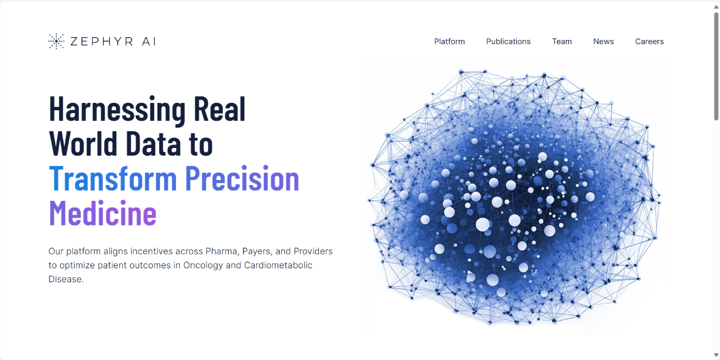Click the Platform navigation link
coord(449,42)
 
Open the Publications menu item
coord(508,42)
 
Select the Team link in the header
coord(562,42)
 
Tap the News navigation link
coord(604,42)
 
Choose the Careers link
coord(649,42)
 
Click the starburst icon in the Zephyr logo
coord(56,41)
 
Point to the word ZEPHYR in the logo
coord(102,42)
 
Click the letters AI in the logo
coord(149,42)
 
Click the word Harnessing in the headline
coord(118,110)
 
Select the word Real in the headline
coord(220,109)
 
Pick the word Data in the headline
coord(154,143)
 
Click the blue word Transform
coord(113,178)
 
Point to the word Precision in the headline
coord(242,178)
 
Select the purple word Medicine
coord(102,213)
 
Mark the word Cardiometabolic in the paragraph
coord(278,265)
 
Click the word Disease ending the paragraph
coord(66,279)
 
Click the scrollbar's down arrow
coord(716,355)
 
